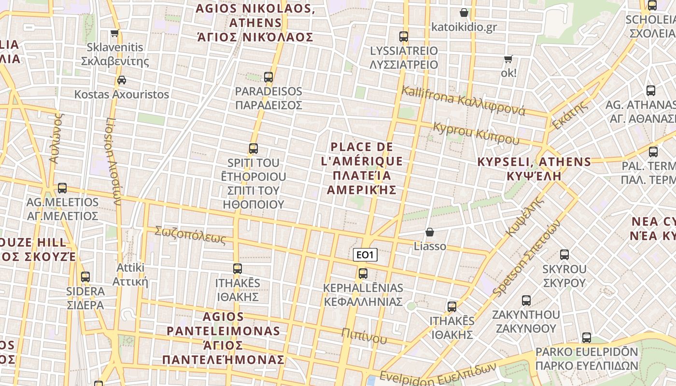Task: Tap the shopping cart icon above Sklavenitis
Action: pos(114,33)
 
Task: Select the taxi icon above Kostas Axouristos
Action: pos(122,80)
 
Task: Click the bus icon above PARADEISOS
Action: pos(268,77)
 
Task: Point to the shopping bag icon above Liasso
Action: pos(429,232)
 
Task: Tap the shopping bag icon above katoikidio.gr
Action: pos(464,13)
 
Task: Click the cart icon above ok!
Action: pos(508,59)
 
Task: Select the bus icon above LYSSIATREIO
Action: pos(404,37)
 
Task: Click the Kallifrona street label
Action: pos(463,100)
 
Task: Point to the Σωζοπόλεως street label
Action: pos(190,235)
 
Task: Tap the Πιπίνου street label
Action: pos(364,335)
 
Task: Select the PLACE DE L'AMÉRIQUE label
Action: pos(362,168)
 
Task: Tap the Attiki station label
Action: pos(130,275)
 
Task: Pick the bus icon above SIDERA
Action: pos(85,277)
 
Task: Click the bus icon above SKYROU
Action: pos(564,255)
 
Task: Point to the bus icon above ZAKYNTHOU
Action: pos(526,301)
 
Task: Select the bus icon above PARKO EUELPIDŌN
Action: pos(587,338)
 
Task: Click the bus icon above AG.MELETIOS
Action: pos(62,188)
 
